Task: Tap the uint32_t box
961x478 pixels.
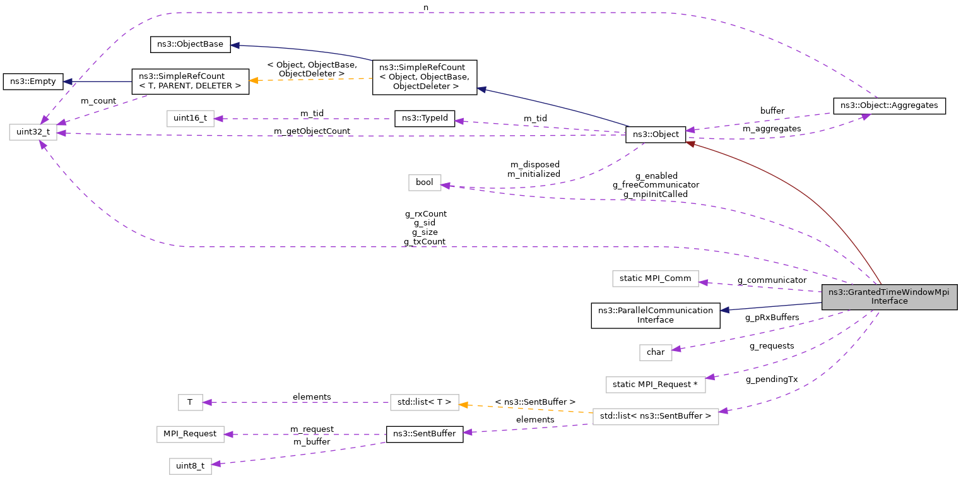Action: coord(33,132)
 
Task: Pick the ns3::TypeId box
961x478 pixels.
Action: coord(424,118)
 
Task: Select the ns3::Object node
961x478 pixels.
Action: coord(655,134)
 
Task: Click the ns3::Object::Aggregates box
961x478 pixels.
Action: coord(889,105)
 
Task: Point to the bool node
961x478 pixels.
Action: coord(425,182)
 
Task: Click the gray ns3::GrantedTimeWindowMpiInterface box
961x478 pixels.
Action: coord(889,296)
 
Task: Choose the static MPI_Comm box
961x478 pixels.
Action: coord(656,278)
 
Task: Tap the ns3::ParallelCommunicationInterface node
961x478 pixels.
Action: coord(655,314)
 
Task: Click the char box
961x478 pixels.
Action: coord(656,352)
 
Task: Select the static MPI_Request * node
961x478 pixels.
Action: coord(655,385)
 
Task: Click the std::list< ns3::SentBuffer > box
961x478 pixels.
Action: coord(655,416)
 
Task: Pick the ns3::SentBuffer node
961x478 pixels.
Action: coord(424,434)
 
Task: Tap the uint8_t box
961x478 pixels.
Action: coord(190,466)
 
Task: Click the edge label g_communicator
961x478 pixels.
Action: coord(772,280)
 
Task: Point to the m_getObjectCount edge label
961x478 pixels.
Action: coord(312,131)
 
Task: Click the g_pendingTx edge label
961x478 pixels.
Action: coord(771,379)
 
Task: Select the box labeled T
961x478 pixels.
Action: coord(190,402)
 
